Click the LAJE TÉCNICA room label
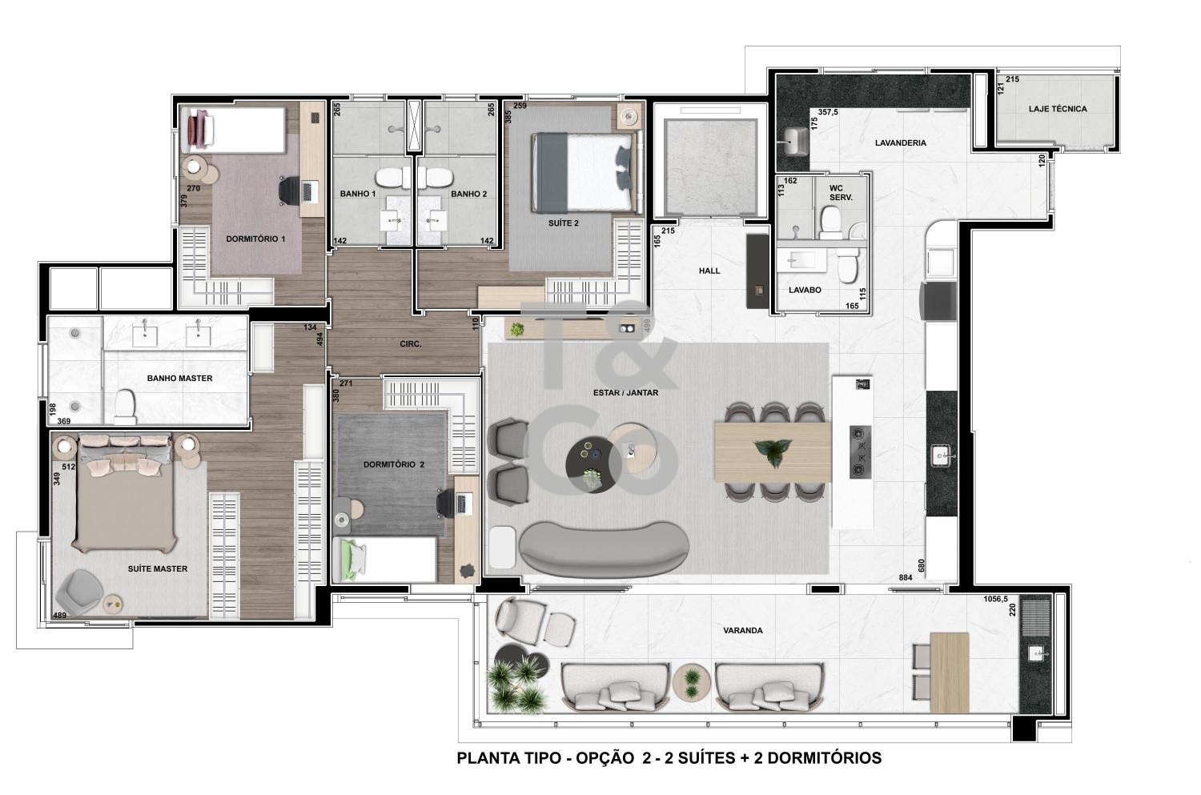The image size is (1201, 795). [x=1058, y=109]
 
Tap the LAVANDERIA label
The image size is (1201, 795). [x=900, y=143]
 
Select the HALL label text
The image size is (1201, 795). [x=709, y=271]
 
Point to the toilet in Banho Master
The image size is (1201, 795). [x=126, y=407]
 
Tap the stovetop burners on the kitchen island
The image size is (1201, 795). [x=860, y=452]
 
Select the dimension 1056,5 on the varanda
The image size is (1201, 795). [x=996, y=600]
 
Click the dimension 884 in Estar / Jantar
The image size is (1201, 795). [x=905, y=578]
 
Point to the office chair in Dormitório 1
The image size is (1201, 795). [x=289, y=191]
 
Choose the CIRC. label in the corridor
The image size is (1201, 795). [x=410, y=344]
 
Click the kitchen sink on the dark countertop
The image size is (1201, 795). [x=941, y=456]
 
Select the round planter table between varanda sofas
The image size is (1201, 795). [x=692, y=682]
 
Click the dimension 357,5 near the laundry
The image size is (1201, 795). [x=828, y=112]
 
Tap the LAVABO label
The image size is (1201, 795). [x=805, y=290]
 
